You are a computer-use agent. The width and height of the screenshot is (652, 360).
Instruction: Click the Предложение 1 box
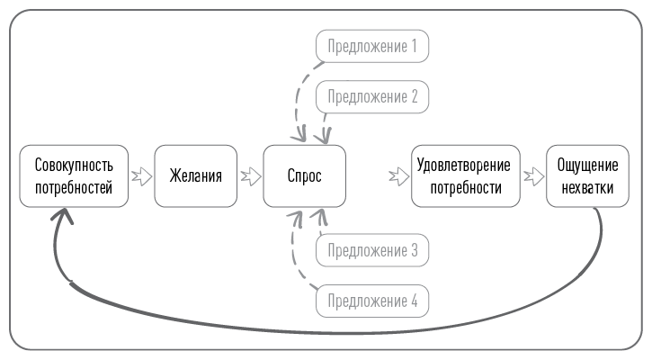pos(372,46)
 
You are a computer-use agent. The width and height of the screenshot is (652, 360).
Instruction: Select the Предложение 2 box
pos(372,96)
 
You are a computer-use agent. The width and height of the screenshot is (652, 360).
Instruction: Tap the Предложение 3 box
pos(372,250)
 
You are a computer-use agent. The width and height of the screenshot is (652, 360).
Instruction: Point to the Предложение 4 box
pos(372,301)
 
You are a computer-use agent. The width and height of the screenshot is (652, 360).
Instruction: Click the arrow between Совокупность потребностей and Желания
pos(140,176)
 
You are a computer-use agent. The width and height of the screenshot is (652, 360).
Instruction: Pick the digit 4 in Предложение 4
pos(414,301)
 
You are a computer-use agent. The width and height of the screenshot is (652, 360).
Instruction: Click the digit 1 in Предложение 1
pos(414,46)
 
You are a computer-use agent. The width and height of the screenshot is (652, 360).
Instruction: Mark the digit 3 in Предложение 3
pos(414,250)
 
